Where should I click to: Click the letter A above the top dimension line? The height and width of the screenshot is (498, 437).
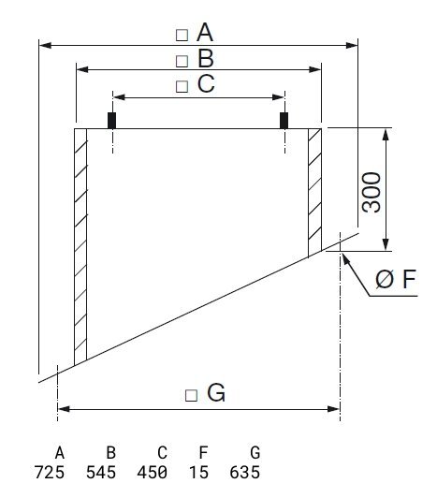pyautogui.click(x=205, y=33)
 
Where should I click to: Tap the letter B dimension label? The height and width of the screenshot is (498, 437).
pyautogui.click(x=206, y=59)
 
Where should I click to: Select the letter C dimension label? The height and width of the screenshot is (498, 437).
pyautogui.click(x=206, y=83)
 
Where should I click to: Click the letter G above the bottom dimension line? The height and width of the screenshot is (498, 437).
pyautogui.click(x=216, y=392)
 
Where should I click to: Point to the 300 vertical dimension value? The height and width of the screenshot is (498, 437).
pyautogui.click(x=371, y=192)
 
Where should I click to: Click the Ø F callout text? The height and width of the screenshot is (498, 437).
pyautogui.click(x=396, y=279)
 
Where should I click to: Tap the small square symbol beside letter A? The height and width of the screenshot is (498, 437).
pyautogui.click(x=182, y=36)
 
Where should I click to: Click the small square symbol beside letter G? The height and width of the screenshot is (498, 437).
pyautogui.click(x=191, y=395)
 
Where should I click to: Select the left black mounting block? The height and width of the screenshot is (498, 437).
pyautogui.click(x=111, y=121)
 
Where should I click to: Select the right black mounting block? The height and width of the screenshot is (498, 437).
pyautogui.click(x=284, y=121)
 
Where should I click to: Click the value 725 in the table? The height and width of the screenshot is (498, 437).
pyautogui.click(x=50, y=473)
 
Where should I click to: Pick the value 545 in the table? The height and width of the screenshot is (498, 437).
pyautogui.click(x=101, y=473)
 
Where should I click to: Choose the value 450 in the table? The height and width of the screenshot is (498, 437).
pyautogui.click(x=153, y=473)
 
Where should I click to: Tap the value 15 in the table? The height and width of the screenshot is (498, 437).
pyautogui.click(x=198, y=473)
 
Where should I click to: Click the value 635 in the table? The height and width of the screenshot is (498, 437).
pyautogui.click(x=245, y=473)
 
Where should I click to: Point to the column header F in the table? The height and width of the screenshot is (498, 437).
pyautogui.click(x=203, y=452)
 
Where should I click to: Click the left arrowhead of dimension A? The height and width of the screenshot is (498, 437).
pyautogui.click(x=45, y=46)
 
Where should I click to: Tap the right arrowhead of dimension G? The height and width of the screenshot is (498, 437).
pyautogui.click(x=334, y=409)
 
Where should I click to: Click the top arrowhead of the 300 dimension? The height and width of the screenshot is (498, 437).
pyautogui.click(x=386, y=135)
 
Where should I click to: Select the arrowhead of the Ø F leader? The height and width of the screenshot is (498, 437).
pyautogui.click(x=345, y=260)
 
